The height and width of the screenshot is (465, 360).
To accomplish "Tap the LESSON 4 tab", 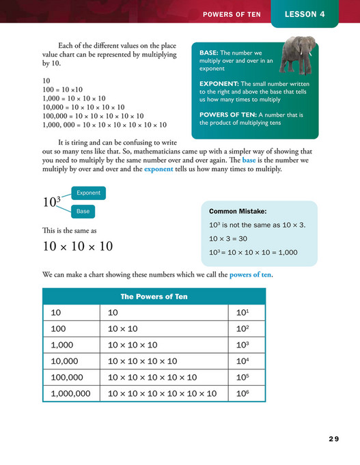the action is point(304,14).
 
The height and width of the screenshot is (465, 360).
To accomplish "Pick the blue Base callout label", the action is point(83,211).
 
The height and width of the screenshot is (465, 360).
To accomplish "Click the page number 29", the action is point(333,438).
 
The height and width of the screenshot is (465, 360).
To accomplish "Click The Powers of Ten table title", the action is point(154,296).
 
